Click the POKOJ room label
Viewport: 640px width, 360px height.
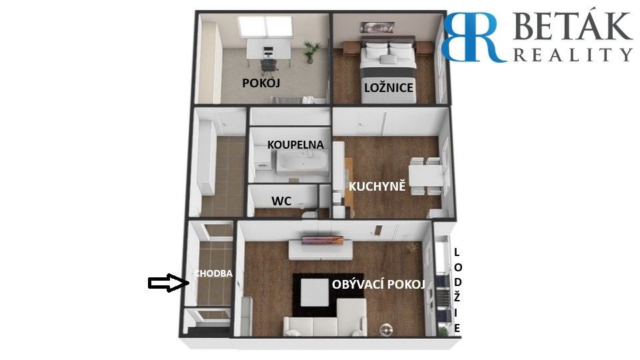[x=261, y=83]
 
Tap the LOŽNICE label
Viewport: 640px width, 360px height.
[x=389, y=88]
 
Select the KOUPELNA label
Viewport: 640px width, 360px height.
[x=295, y=145]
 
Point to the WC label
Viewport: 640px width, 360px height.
[x=281, y=201]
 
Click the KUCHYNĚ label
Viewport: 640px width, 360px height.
[x=377, y=186]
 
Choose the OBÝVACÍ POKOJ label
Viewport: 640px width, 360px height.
[x=378, y=285]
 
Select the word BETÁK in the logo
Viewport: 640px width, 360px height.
[x=572, y=29]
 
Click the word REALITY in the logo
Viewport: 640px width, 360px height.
[x=572, y=54]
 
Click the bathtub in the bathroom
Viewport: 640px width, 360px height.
[x=302, y=163]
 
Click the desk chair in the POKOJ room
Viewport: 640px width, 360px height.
[x=269, y=61]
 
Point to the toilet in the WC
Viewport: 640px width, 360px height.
[x=309, y=213]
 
